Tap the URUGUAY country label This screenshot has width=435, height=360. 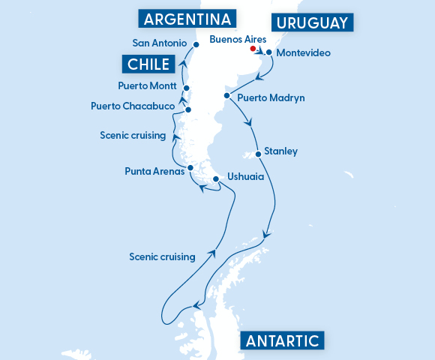pyautogui.click(x=312, y=23)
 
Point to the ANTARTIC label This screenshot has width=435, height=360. pyautogui.click(x=283, y=341)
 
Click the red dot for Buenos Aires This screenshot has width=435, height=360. pyautogui.click(x=253, y=48)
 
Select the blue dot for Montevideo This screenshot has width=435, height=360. pyautogui.click(x=268, y=52)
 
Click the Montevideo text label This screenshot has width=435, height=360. pyautogui.click(x=303, y=53)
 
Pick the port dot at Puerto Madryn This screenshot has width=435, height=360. pyautogui.click(x=226, y=96)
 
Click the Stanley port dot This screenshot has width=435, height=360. pyautogui.click(x=259, y=154)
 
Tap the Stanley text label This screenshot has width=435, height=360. pyautogui.click(x=281, y=151)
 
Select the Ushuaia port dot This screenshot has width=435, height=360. pyautogui.click(x=216, y=178)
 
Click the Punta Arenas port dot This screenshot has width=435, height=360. pyautogui.click(x=190, y=167)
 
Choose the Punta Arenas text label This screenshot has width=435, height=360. pyautogui.click(x=154, y=171)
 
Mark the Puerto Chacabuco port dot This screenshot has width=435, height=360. pyautogui.click(x=187, y=109)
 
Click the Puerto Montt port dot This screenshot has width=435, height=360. pyautogui.click(x=186, y=88)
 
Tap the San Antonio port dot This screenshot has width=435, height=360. pyautogui.click(x=196, y=44)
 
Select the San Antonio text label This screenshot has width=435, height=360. pyautogui.click(x=159, y=43)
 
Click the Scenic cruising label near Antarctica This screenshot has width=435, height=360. pyautogui.click(x=162, y=256)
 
